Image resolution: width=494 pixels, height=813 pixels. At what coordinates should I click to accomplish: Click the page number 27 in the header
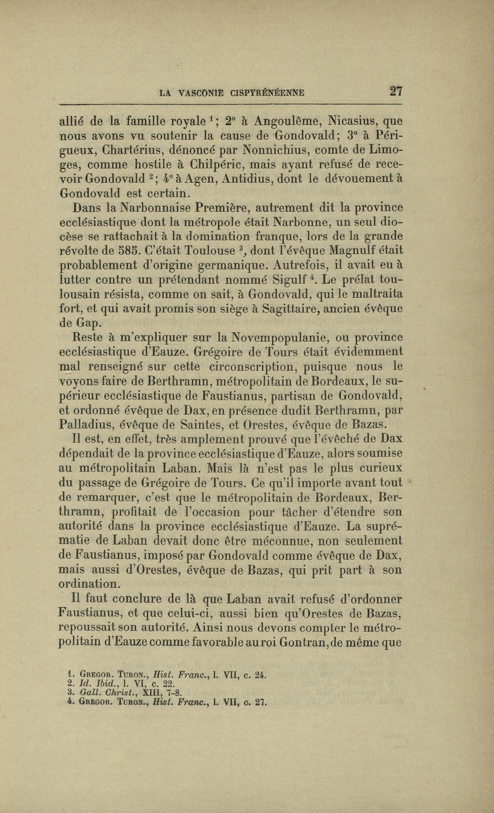coord(396,92)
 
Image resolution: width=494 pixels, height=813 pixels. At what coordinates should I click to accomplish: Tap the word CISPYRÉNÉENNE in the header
coord(267,93)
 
